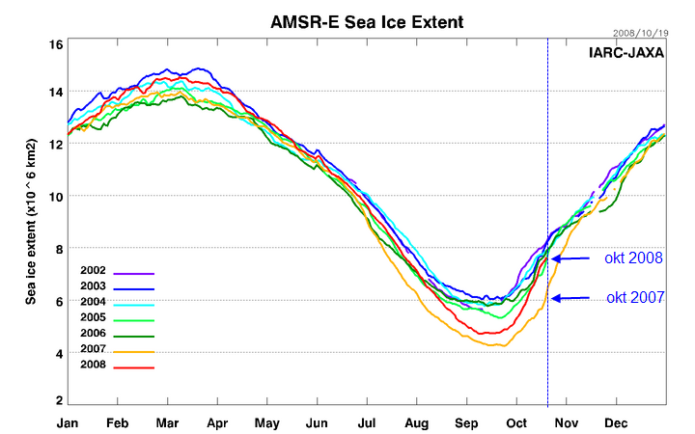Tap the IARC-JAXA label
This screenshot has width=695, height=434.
(626, 54)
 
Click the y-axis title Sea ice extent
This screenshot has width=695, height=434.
(32, 221)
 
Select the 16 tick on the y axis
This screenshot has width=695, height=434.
(56, 45)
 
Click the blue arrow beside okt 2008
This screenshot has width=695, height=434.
(570, 258)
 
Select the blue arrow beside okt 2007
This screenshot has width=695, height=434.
(570, 299)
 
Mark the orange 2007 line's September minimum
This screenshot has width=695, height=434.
(498, 345)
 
